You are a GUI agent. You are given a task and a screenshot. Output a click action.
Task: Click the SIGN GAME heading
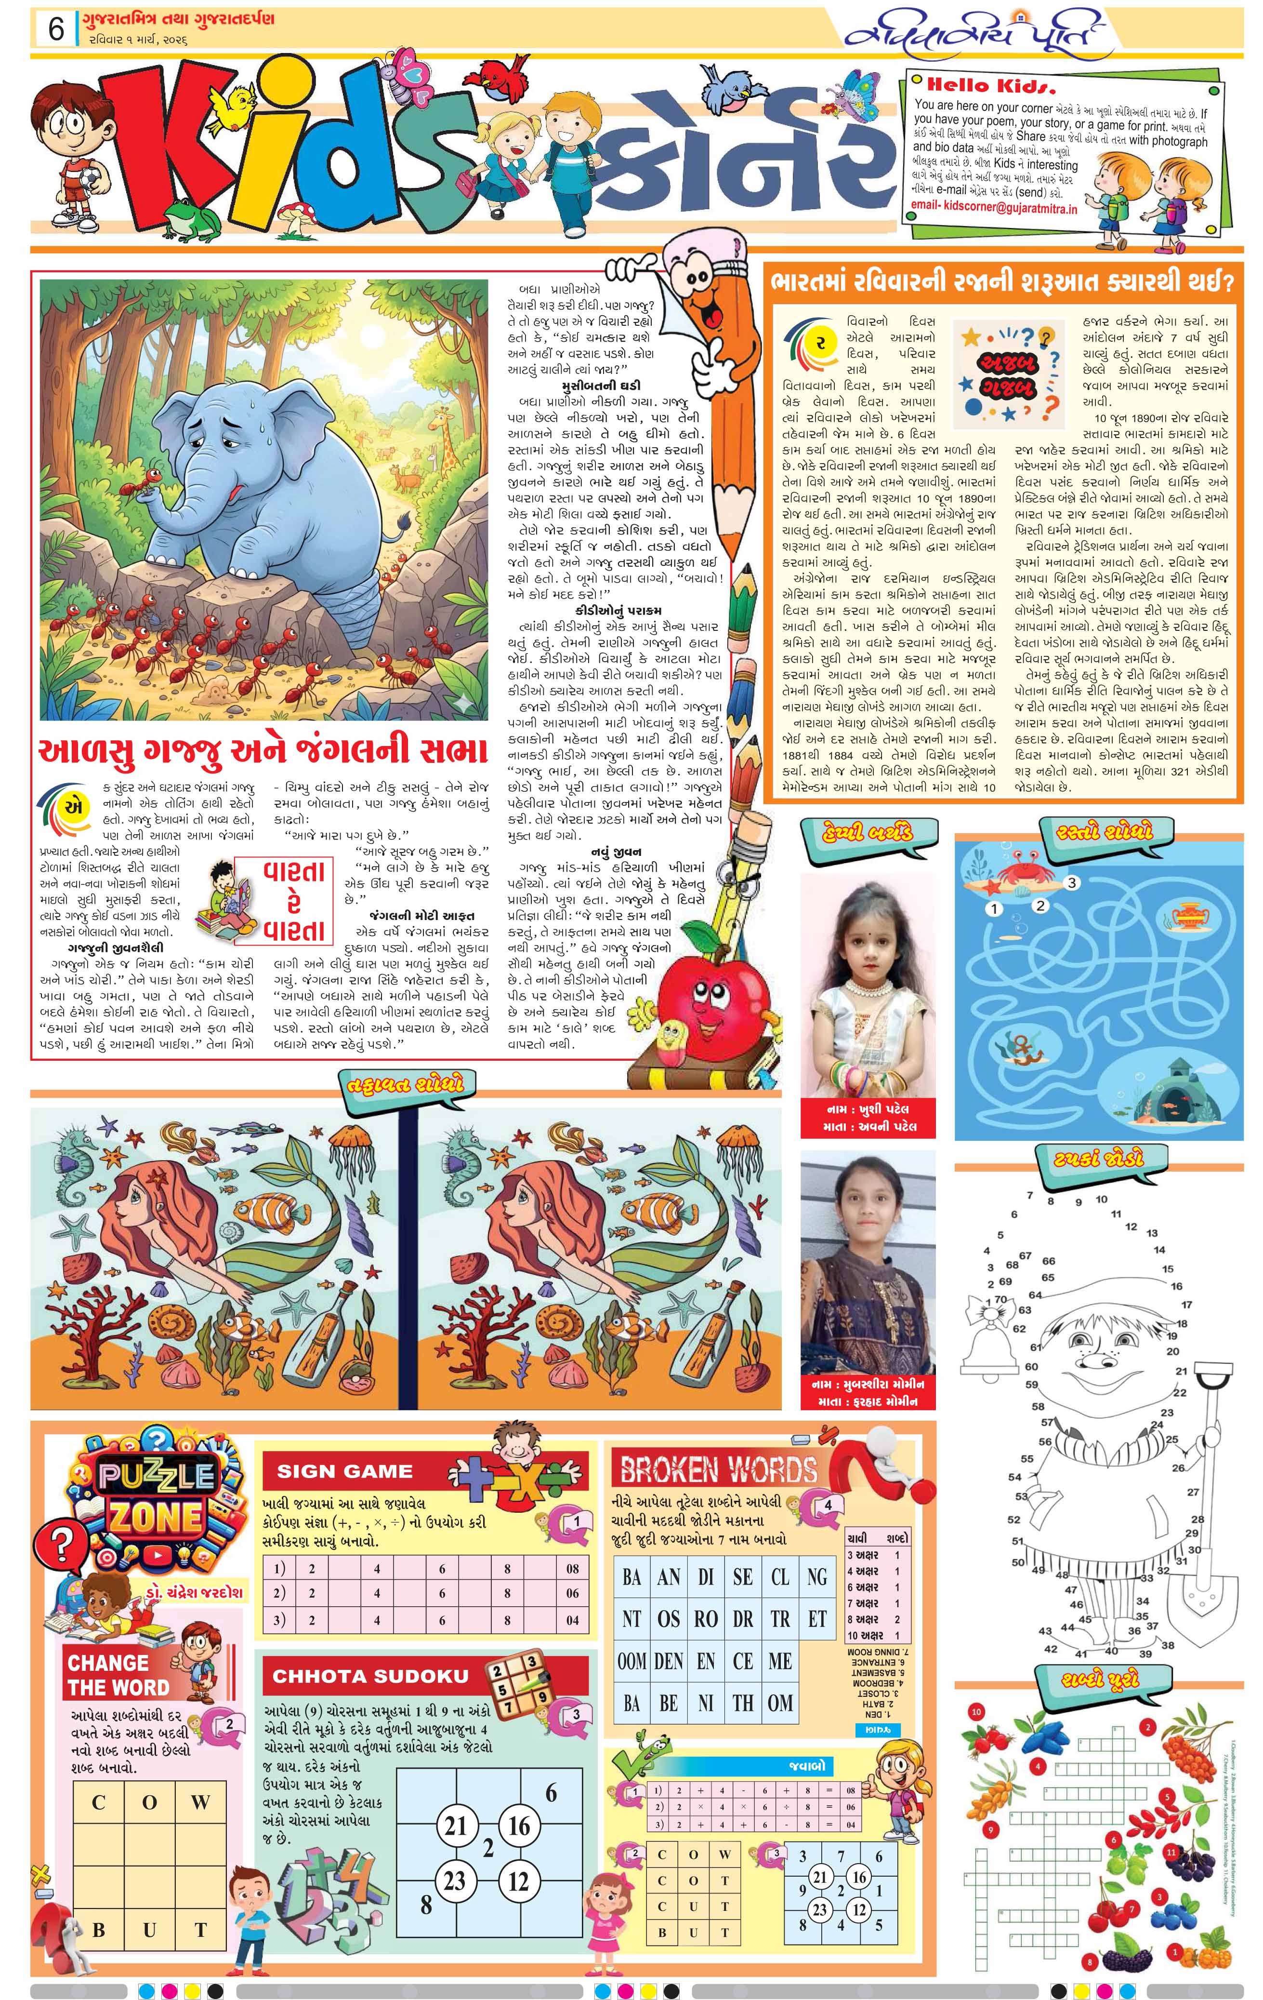tap(344, 1471)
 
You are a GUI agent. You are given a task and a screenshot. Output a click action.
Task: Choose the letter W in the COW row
tap(200, 1802)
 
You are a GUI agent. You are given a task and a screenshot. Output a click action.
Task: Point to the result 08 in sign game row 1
tap(573, 1568)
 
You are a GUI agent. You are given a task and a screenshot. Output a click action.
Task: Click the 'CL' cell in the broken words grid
tap(780, 1576)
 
